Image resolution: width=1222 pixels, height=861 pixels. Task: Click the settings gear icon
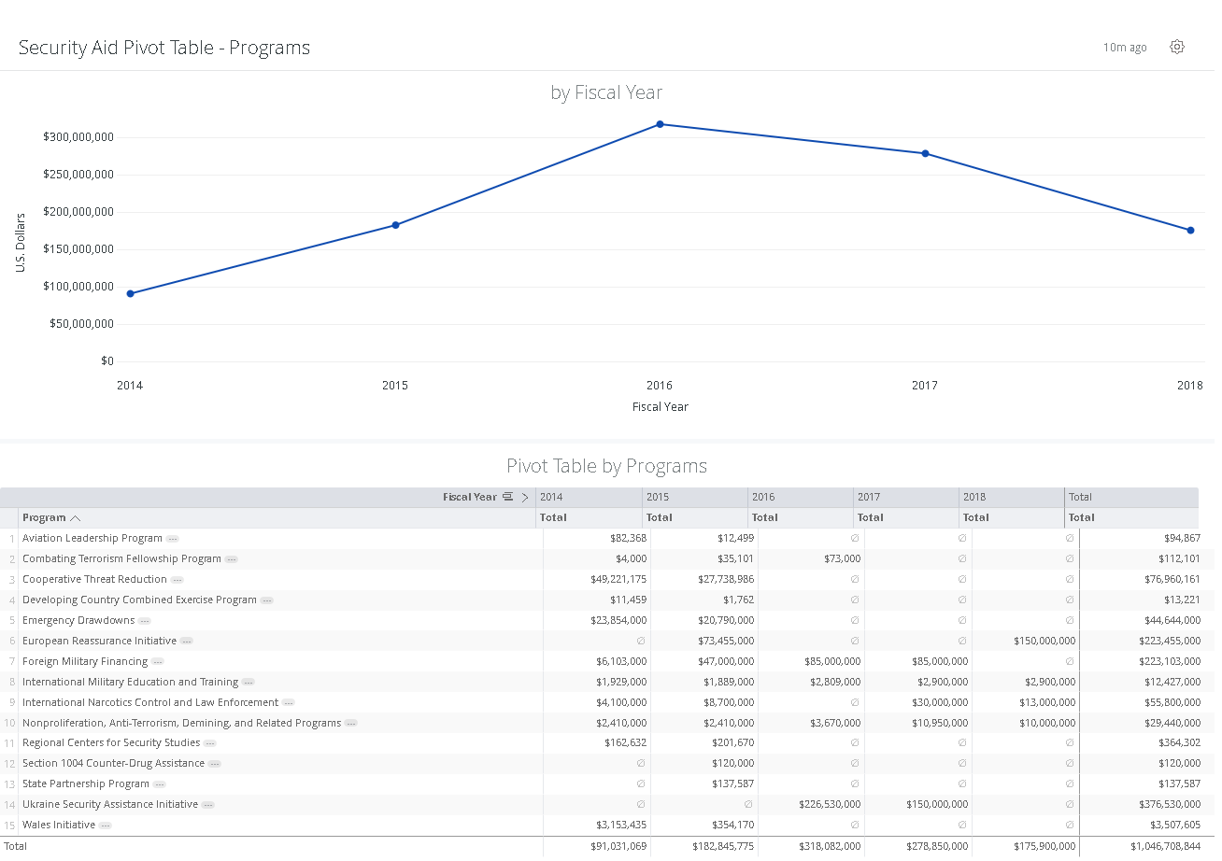1177,47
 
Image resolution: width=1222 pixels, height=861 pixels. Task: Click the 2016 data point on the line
660,124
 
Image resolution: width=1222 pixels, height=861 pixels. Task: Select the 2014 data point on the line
131,293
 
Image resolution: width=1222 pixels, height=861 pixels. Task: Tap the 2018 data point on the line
1190,230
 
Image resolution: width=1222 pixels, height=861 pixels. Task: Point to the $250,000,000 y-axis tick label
78,175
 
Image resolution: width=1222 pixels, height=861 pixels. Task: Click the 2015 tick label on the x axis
395,386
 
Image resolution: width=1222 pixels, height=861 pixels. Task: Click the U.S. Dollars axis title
21,243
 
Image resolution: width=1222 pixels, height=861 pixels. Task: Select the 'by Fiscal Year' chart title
606,92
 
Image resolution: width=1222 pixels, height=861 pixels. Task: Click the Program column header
44,517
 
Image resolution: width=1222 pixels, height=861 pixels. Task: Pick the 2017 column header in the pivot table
869,497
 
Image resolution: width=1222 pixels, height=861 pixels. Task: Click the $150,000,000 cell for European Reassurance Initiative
1044,641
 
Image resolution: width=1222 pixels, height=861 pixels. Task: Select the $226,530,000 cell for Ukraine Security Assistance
830,804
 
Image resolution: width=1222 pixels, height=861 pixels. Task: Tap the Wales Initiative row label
59,825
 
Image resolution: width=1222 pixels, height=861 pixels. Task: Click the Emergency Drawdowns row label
78,620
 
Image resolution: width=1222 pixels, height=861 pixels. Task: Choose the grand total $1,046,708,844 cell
1165,846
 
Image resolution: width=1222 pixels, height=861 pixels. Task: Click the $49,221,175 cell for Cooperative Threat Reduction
618,579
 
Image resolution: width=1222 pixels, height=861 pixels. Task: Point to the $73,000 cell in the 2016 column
843,558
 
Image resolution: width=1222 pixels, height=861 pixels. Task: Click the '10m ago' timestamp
1125,48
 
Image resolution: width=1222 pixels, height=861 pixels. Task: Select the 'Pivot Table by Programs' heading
606,466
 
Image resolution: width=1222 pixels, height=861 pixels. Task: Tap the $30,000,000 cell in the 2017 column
940,702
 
